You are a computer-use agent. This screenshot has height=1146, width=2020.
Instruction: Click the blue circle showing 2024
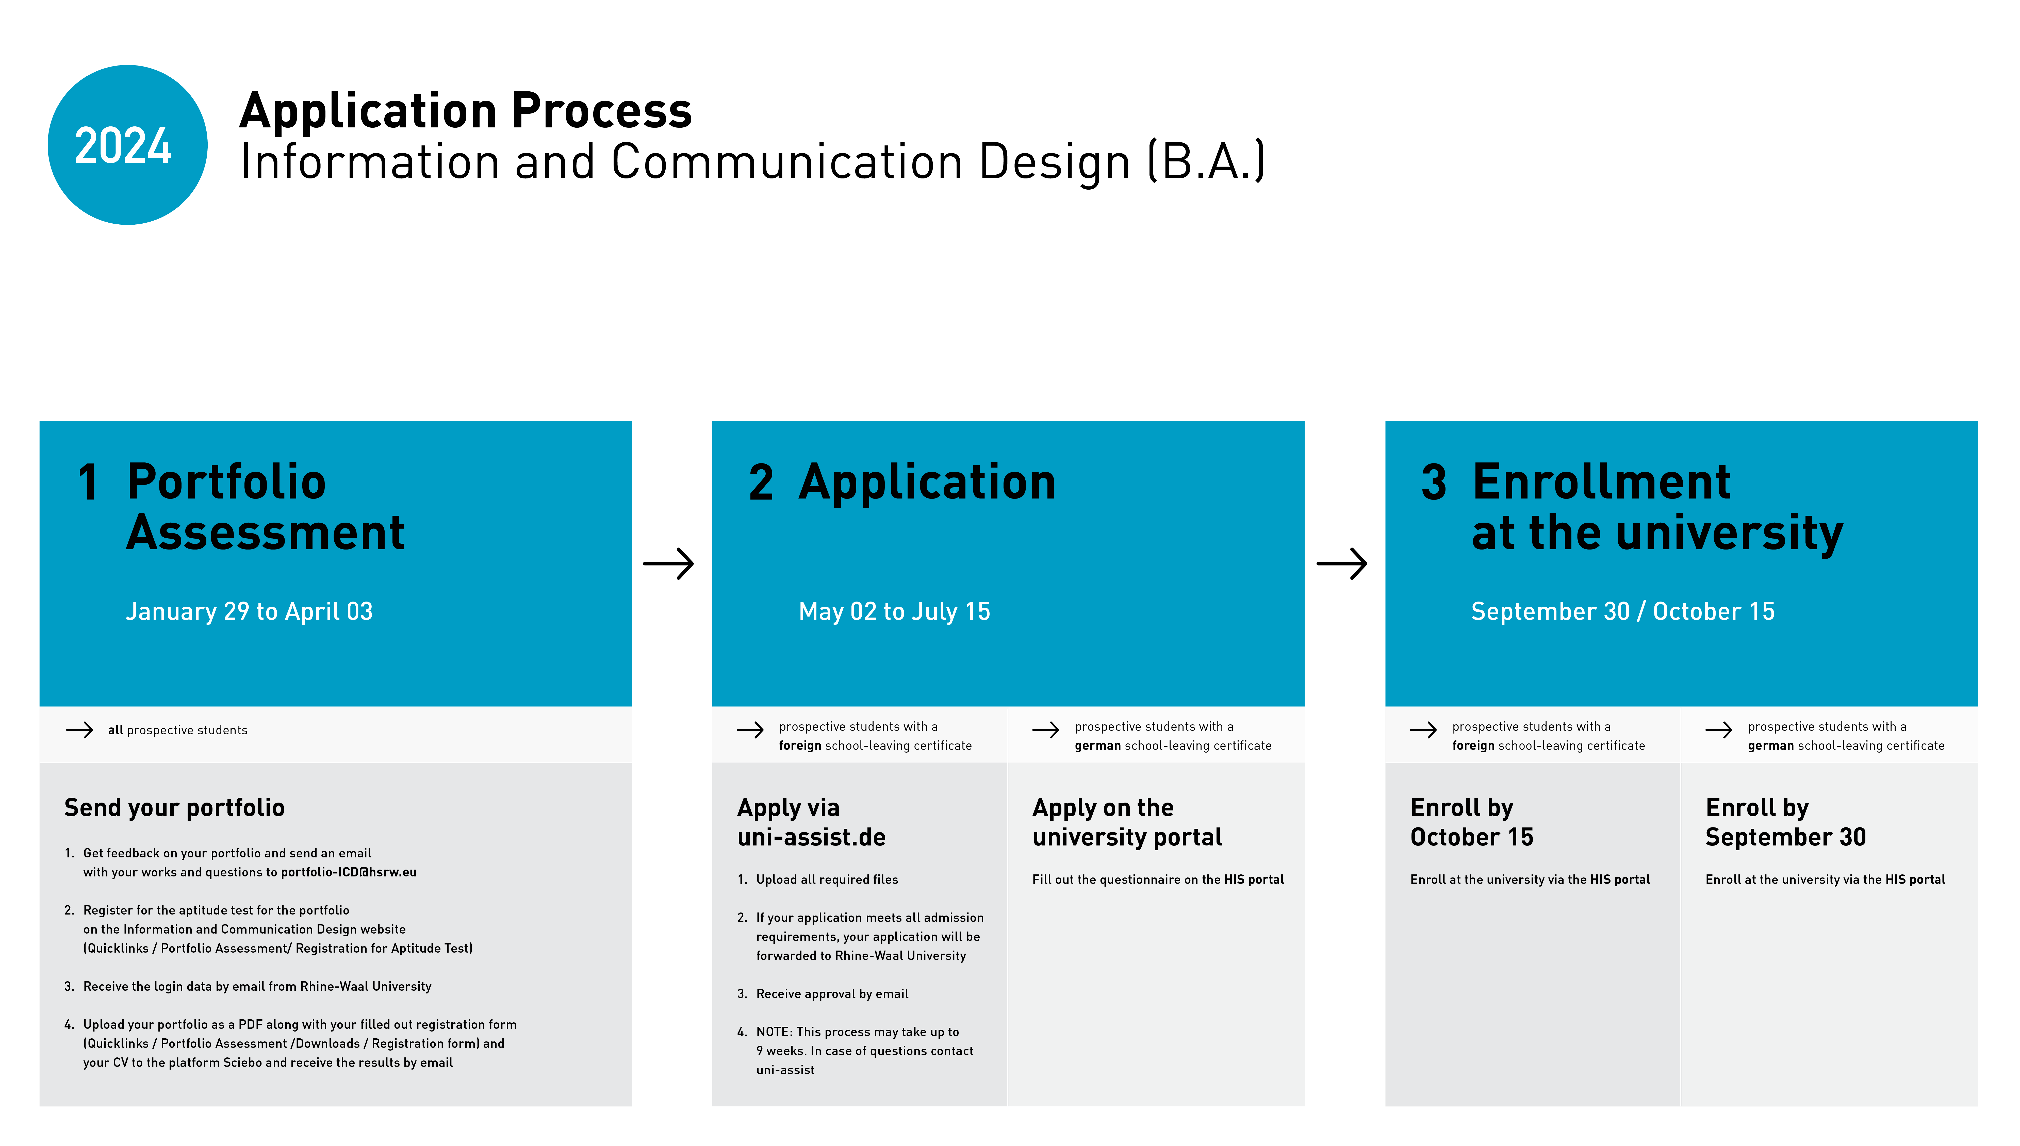tap(127, 145)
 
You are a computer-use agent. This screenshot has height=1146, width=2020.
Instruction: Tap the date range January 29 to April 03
tap(249, 611)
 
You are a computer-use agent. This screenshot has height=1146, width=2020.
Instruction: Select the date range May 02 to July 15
tap(894, 611)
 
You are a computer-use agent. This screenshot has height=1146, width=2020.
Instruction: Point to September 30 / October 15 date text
tap(1622, 611)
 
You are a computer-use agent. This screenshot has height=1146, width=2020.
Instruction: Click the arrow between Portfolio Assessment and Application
tap(668, 563)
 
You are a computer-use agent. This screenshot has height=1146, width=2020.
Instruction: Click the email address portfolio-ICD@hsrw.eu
tap(349, 872)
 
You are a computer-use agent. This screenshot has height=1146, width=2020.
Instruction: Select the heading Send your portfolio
tap(174, 808)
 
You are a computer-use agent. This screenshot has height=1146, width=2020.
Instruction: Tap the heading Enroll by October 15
tap(1471, 823)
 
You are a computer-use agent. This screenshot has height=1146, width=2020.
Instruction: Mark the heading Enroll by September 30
tap(1785, 823)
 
